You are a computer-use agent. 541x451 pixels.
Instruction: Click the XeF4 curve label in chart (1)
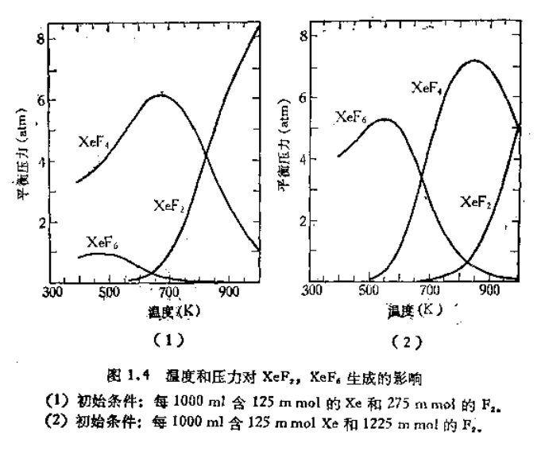click(x=95, y=142)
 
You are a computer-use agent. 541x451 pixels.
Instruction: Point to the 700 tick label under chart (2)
click(x=429, y=291)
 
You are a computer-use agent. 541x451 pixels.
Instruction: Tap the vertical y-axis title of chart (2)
click(x=282, y=158)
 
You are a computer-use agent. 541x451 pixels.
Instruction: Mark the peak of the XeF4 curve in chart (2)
click(x=474, y=60)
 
